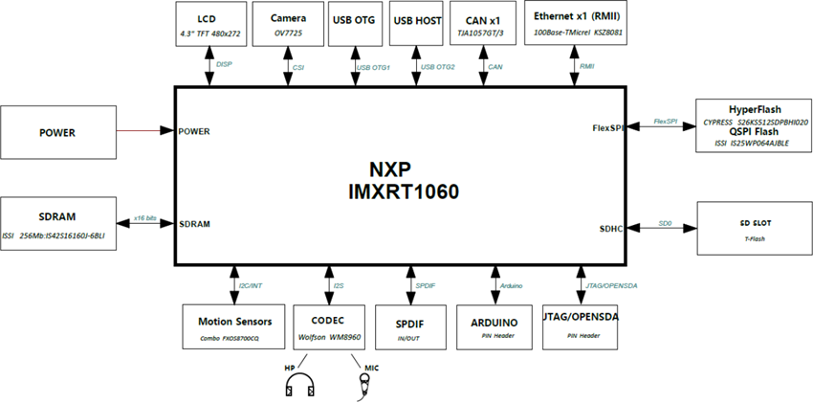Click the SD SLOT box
[x=751, y=227]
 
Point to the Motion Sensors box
[x=233, y=327]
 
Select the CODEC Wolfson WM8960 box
[x=327, y=327]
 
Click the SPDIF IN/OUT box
[x=408, y=327]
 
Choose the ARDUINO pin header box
[x=494, y=327]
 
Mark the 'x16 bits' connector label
[x=146, y=217]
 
